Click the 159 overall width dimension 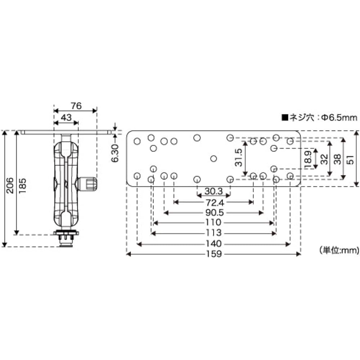pos(213,254)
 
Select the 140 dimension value pos(213,244)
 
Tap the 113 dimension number pos(213,233)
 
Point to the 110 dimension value pos(213,222)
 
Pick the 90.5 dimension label pos(215,213)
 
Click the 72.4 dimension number pos(215,203)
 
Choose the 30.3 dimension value pos(213,191)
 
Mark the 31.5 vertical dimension pos(239,158)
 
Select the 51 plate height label pos(350,160)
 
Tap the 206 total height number pos(10,185)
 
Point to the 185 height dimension pos(22,185)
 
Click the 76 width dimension pos(76,106)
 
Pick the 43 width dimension pos(66,118)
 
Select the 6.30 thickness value pos(115,153)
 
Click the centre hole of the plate pos(213,158)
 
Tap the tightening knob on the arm pos(88,184)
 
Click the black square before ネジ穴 pos(285,118)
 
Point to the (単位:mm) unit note pos(339,250)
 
